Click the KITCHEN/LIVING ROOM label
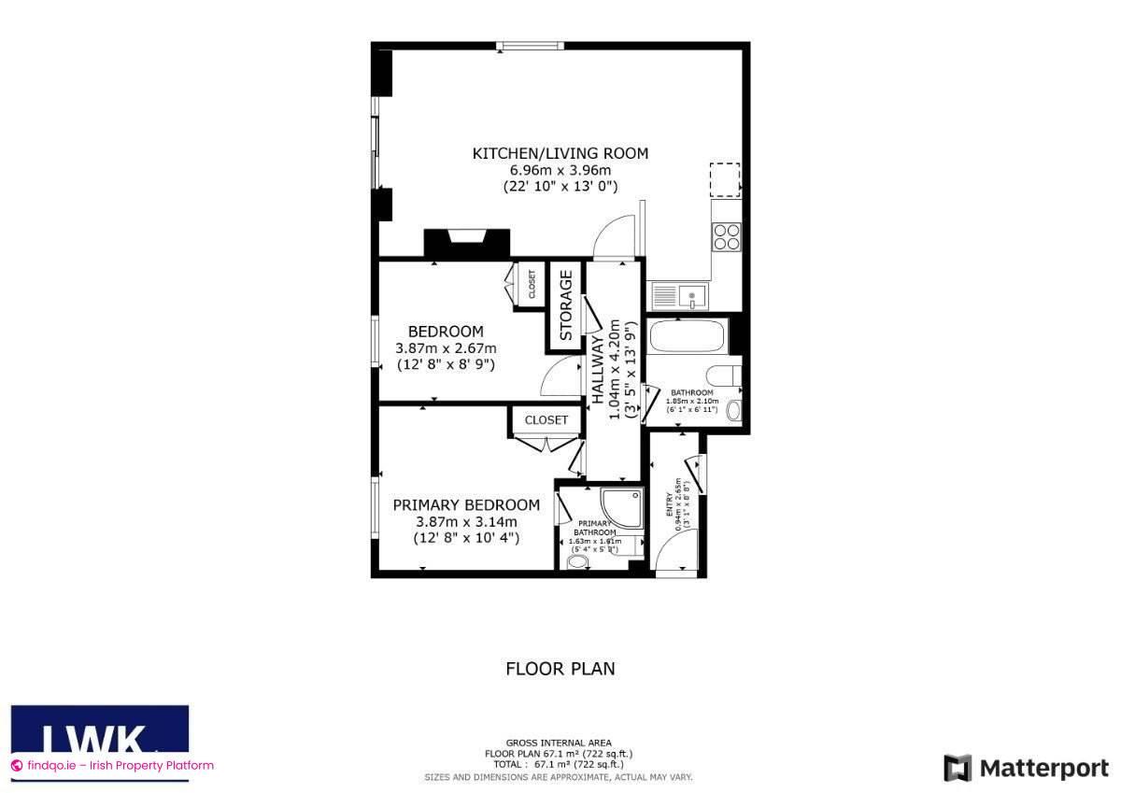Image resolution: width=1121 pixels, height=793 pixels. coord(560,153)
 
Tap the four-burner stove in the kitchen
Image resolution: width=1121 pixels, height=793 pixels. coord(727,237)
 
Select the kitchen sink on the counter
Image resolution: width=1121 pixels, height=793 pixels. coord(679,296)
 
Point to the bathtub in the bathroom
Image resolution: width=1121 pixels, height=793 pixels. coord(687,336)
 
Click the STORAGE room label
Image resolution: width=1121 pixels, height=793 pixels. coord(565,304)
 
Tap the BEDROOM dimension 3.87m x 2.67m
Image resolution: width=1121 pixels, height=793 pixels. coord(446,348)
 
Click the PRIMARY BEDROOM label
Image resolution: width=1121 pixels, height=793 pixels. coord(466,504)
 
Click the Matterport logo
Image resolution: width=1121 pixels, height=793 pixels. coord(1026,768)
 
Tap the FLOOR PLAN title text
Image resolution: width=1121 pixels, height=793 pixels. coord(560,669)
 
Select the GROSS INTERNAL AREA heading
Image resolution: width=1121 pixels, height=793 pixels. coord(559,743)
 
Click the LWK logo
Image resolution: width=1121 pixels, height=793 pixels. coord(99,733)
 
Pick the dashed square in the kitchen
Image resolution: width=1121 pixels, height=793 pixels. coord(725,179)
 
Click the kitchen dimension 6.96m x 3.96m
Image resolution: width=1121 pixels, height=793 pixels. coord(560,170)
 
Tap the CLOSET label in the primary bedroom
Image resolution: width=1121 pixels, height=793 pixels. coord(546,420)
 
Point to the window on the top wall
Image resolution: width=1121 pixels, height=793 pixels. coord(530,44)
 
